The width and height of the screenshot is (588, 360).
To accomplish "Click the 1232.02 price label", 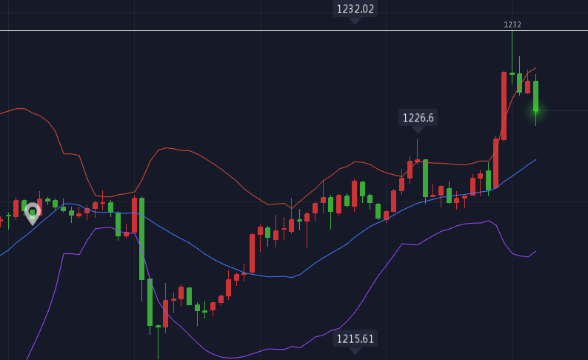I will coord(355,9).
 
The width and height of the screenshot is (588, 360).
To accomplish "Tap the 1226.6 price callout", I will coord(418,118).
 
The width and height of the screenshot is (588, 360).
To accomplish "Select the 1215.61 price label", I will coord(355,339).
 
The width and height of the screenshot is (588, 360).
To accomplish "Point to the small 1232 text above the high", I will coord(512,25).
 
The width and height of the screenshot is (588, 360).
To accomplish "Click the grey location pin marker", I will coord(32,213).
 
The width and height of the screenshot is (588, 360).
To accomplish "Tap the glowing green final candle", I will coord(535,96).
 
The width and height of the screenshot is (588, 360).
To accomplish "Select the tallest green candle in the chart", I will coord(141,239).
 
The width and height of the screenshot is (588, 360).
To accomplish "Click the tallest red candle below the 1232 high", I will coord(504,105).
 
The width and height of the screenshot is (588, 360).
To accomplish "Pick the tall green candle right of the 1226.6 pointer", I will coord(425,178).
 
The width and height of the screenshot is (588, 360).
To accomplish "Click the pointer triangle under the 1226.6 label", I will coord(418,130).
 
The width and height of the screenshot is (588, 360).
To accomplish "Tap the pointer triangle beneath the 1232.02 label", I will coord(355,21).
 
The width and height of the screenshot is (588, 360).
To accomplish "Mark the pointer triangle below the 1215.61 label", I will coord(355,350).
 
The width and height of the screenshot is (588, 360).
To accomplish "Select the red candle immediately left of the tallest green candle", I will coord(134,215).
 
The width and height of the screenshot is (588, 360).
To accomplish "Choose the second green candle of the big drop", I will coord(150,302).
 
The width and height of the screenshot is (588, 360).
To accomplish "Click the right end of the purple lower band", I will coord(535,251).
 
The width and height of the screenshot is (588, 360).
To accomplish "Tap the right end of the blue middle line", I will coord(535,159).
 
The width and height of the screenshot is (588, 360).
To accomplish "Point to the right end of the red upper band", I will coord(535,68).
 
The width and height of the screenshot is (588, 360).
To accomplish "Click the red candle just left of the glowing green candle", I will coord(527,87).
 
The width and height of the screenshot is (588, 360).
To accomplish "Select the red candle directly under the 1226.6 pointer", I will coord(418,161).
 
